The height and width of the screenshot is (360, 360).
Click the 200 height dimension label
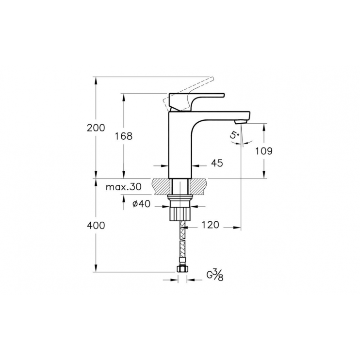point(96,128)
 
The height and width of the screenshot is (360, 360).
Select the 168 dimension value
point(124,136)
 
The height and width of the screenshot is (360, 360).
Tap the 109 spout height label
point(263,151)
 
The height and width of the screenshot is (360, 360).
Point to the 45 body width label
point(217,164)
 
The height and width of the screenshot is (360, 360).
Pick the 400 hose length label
point(96,226)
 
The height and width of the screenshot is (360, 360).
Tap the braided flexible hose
point(181,243)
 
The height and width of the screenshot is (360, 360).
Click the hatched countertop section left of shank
point(161,185)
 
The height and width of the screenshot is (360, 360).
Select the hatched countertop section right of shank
point(198,185)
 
